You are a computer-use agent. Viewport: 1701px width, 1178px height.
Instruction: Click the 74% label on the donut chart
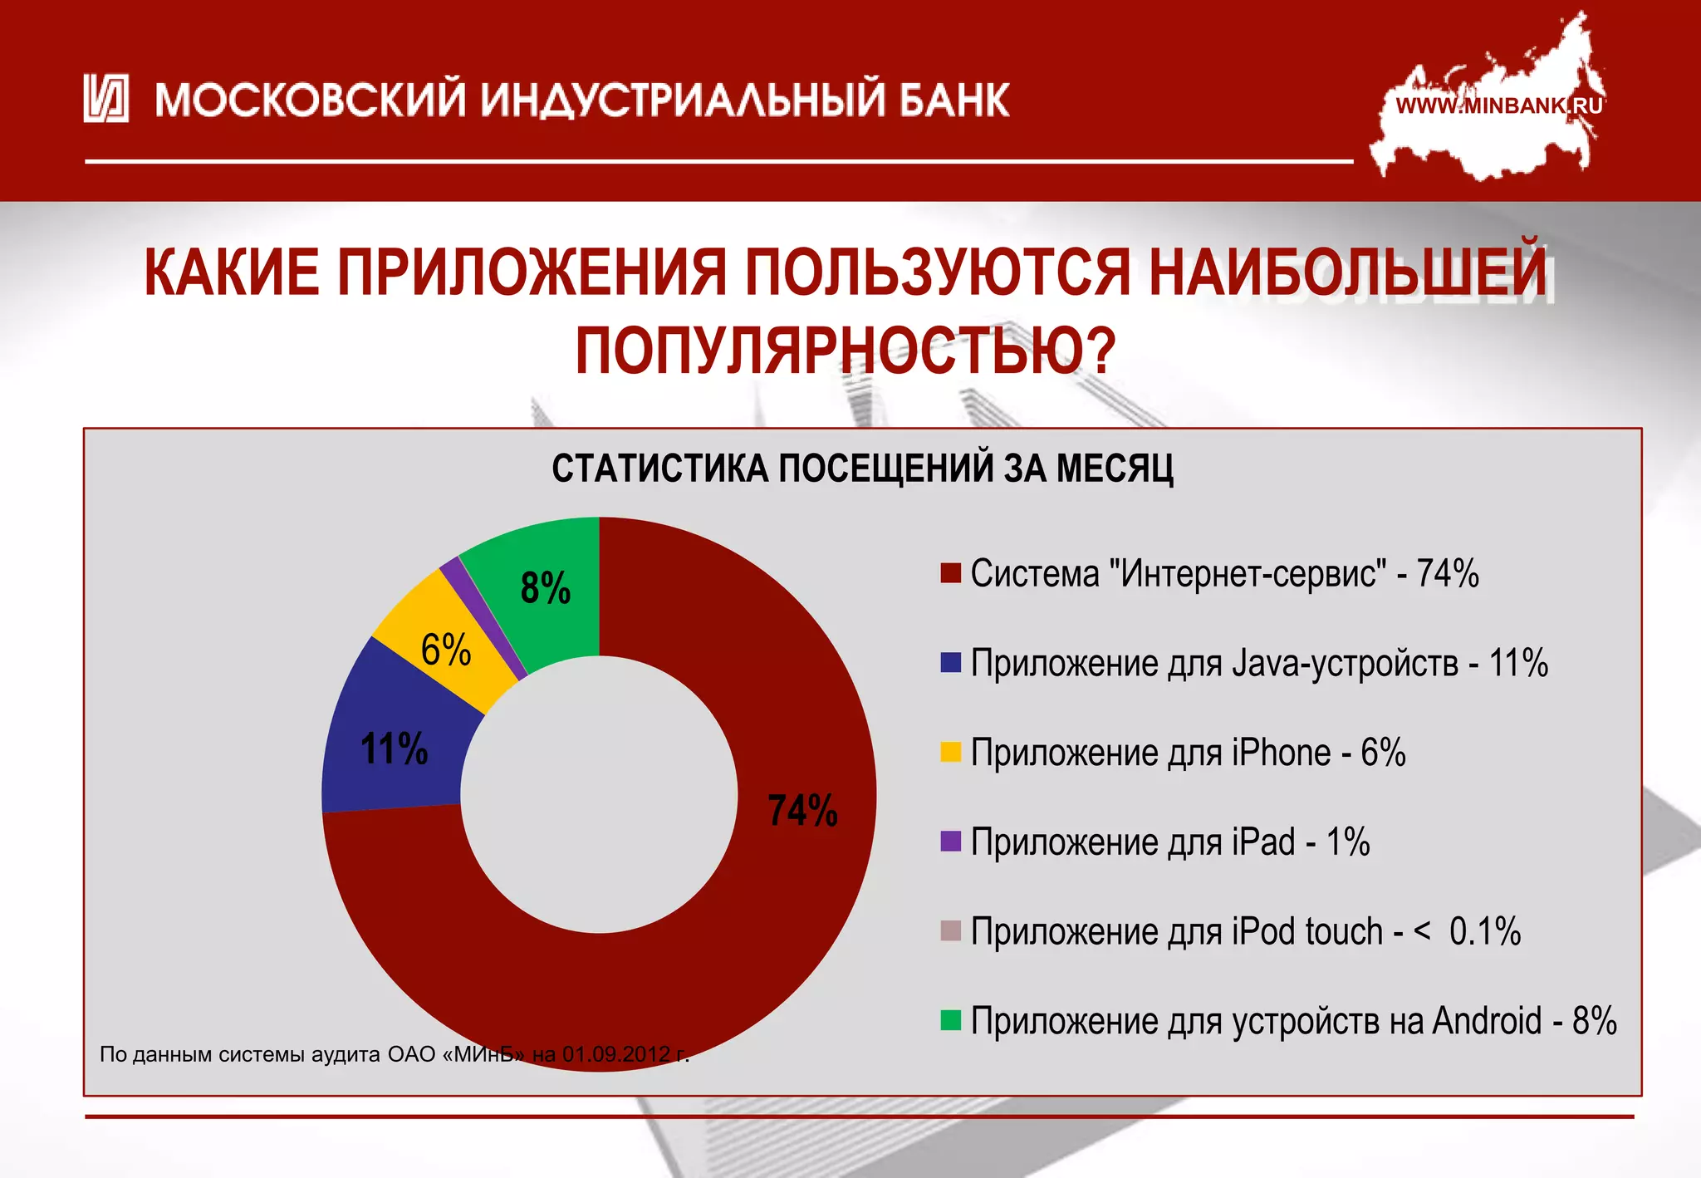click(801, 811)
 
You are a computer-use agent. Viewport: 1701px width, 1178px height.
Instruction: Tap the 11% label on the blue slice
click(394, 749)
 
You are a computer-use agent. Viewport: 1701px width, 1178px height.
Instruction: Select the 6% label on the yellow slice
click(446, 650)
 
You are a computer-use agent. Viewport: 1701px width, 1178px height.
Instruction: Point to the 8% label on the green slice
click(545, 588)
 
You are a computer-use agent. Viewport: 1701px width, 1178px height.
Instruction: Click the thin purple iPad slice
click(482, 615)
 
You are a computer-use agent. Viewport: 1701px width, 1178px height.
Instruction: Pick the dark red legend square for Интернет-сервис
click(950, 573)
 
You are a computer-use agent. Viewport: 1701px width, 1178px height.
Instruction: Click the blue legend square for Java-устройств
click(950, 662)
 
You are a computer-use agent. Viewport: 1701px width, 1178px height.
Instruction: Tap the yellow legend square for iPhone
click(950, 752)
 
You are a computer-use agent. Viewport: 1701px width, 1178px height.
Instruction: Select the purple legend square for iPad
click(950, 842)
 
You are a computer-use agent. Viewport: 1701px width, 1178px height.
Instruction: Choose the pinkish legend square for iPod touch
click(950, 930)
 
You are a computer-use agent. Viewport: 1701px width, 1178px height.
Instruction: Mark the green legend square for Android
click(950, 1020)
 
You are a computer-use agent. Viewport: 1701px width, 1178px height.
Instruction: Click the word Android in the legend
click(1486, 1021)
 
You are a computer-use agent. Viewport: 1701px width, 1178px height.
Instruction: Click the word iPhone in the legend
click(1281, 753)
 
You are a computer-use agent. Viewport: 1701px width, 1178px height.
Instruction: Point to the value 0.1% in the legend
click(1484, 931)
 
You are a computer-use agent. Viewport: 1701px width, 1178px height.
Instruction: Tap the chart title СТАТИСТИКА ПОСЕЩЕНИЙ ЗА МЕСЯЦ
click(862, 469)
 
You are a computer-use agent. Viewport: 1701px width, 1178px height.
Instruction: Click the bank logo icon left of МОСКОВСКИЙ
click(106, 99)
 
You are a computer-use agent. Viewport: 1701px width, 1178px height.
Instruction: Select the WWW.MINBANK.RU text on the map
click(1498, 106)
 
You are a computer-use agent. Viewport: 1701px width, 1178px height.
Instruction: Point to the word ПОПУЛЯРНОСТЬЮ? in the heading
click(845, 351)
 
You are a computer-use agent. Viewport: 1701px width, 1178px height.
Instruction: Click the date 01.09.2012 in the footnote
click(615, 1054)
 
